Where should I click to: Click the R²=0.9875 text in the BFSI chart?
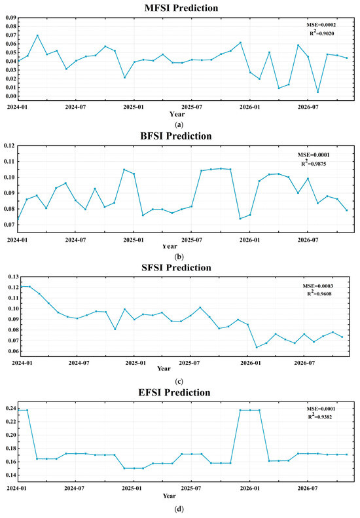[314, 163]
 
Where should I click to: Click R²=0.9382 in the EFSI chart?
[314, 416]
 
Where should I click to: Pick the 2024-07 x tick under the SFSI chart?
[78, 361]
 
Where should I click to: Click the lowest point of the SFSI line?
[257, 347]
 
